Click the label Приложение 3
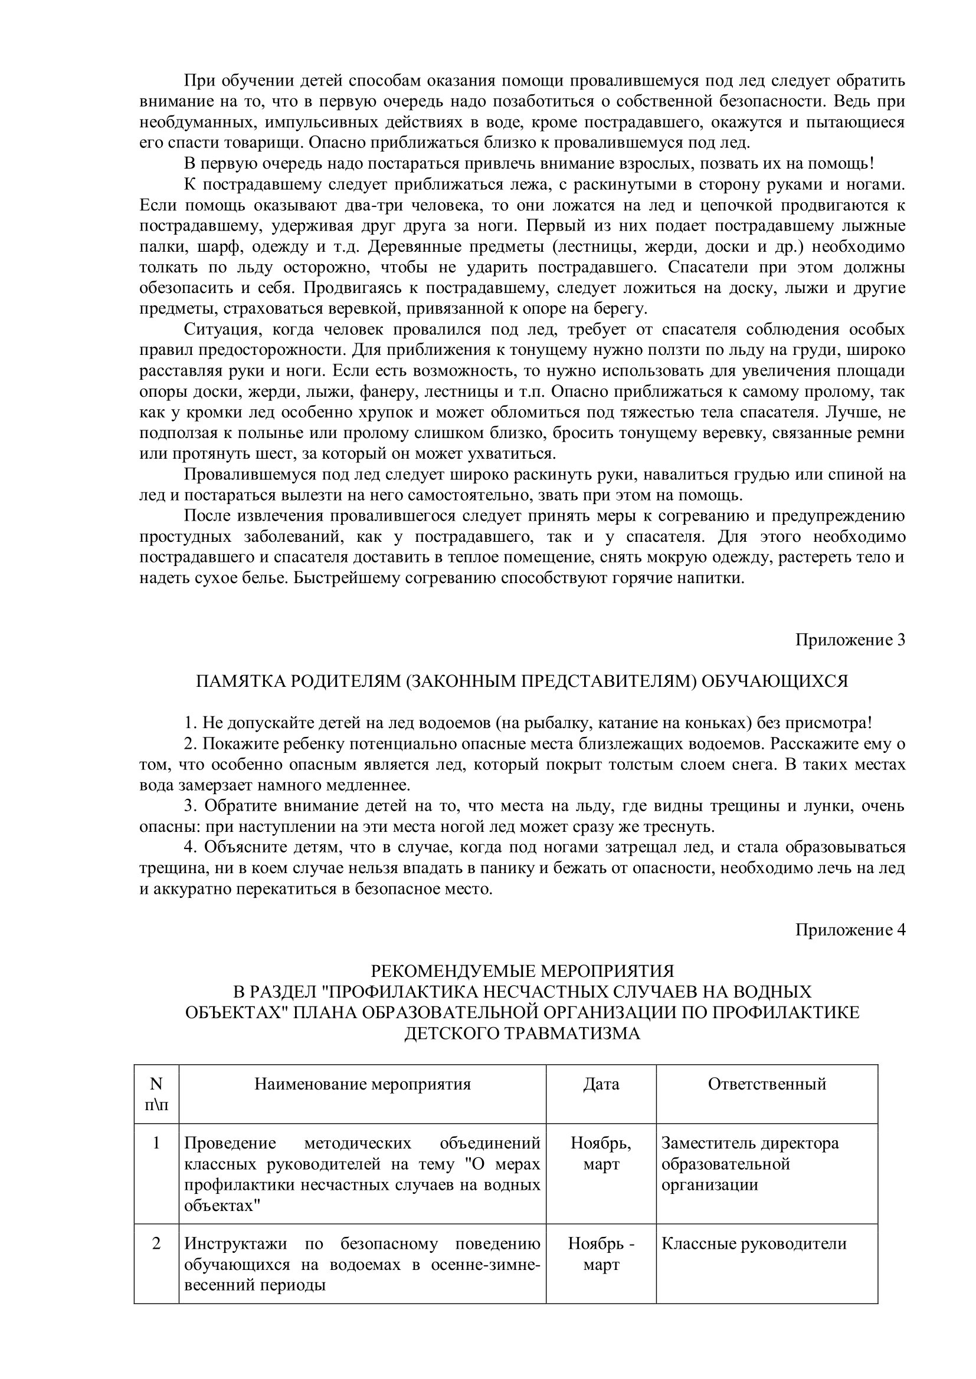(x=850, y=640)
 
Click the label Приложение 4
(x=850, y=930)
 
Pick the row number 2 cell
(x=156, y=1243)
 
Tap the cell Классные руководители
(x=754, y=1243)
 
